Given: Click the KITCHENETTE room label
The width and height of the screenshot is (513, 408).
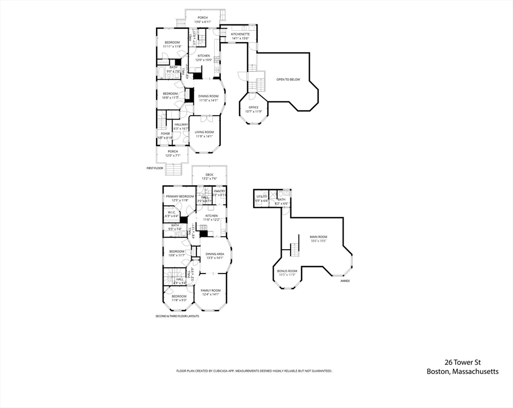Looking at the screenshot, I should click(x=240, y=34).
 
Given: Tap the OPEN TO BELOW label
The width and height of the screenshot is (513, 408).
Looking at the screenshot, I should click(x=288, y=80).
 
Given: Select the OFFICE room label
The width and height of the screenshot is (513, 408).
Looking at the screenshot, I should click(x=253, y=107).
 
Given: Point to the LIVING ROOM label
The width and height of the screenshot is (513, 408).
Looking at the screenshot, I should click(x=204, y=132).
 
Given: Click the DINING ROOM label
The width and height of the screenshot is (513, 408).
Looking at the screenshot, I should click(x=209, y=96).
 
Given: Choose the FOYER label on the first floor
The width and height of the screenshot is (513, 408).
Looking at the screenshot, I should click(x=165, y=134).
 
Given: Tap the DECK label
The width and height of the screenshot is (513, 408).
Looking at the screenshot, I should click(x=209, y=174).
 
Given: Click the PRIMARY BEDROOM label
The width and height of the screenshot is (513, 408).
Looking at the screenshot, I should click(x=179, y=197).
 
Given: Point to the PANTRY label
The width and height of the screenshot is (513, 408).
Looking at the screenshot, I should click(x=219, y=191).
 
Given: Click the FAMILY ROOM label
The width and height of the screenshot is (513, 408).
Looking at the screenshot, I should click(x=210, y=290).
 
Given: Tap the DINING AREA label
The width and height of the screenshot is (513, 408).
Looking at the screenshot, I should click(x=215, y=254).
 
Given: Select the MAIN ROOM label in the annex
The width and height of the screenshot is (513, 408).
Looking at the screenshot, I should click(x=319, y=237).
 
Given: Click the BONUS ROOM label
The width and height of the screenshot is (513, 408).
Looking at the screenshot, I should click(x=287, y=271).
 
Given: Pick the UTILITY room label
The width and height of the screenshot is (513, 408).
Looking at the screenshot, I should click(x=261, y=197).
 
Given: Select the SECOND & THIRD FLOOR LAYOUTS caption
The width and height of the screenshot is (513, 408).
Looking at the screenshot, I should click(x=177, y=316).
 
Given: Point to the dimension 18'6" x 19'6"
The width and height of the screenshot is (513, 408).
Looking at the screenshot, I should click(x=319, y=241).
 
